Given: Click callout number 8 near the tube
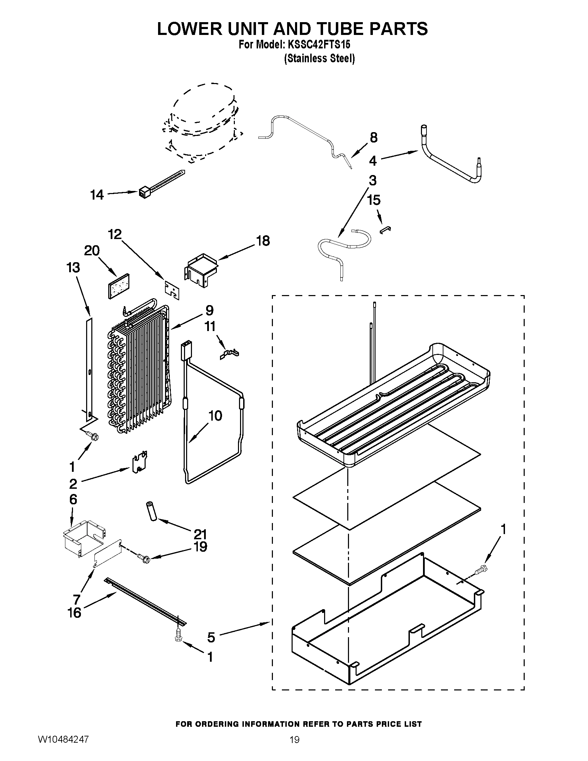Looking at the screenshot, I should click(x=374, y=138).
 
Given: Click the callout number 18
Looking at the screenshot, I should click(x=263, y=240).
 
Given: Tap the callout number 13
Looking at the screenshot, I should click(x=73, y=268).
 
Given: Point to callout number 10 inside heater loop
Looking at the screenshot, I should click(x=215, y=416).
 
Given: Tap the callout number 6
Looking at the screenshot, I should click(x=73, y=499).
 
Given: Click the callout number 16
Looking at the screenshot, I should click(x=74, y=613).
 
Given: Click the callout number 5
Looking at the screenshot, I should click(x=211, y=637).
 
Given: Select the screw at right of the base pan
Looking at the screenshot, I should click(x=482, y=569).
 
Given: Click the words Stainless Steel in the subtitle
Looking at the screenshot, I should click(x=320, y=58).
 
